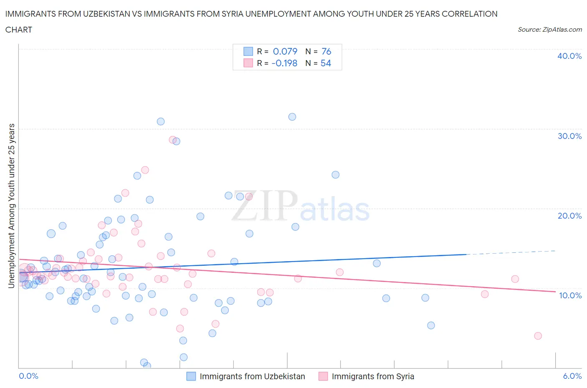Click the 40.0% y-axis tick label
pyautogui.click(x=569, y=56)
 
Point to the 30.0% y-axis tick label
pyautogui.click(x=569, y=136)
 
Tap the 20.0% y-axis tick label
pyautogui.click(x=569, y=216)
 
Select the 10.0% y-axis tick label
pyautogui.click(x=570, y=295)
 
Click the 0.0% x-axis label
pyautogui.click(x=29, y=376)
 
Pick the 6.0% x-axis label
pyautogui.click(x=572, y=376)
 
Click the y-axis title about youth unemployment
pyautogui.click(x=11, y=206)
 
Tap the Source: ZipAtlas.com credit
pyautogui.click(x=549, y=30)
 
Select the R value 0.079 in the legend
pyautogui.click(x=285, y=51)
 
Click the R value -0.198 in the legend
pyautogui.click(x=284, y=63)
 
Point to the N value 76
pyautogui.click(x=326, y=51)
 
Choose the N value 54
pyautogui.click(x=326, y=63)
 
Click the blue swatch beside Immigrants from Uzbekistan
pyautogui.click(x=191, y=376)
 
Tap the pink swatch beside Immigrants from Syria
pyautogui.click(x=323, y=376)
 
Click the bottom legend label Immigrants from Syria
pyautogui.click(x=373, y=376)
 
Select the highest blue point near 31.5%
pyautogui.click(x=292, y=117)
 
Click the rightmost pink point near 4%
pyautogui.click(x=538, y=336)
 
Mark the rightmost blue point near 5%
pyautogui.click(x=431, y=325)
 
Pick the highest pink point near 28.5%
pyautogui.click(x=172, y=140)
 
